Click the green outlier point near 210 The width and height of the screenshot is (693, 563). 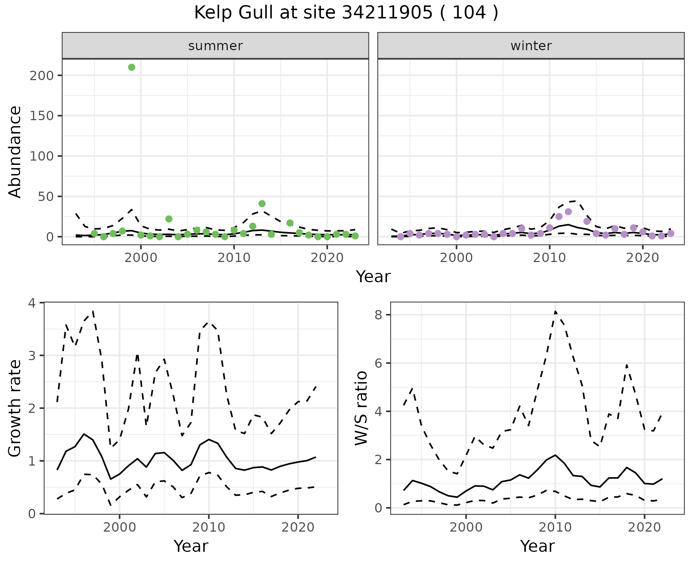132,67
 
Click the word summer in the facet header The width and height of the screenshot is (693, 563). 215,46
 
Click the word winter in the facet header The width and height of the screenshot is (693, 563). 531,46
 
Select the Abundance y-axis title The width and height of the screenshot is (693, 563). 15,152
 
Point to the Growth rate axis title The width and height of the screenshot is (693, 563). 15,408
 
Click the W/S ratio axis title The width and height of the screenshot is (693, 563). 361,408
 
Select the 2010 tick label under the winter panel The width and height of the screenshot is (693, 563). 549,258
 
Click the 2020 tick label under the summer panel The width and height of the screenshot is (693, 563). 327,258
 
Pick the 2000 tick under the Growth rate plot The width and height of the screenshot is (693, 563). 119,527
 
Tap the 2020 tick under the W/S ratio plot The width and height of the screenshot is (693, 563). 645,527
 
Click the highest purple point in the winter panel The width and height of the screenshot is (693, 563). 568,212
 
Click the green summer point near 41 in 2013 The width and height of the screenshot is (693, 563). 262,204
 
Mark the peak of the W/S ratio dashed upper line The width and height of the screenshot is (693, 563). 555,311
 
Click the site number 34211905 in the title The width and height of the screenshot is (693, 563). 387,13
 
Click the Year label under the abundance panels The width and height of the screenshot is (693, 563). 373,277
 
